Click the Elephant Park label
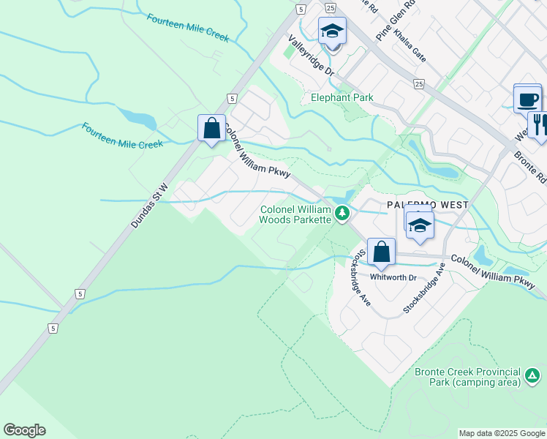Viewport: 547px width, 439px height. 342,97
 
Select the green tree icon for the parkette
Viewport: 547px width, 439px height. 342,214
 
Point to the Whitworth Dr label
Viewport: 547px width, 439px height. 393,277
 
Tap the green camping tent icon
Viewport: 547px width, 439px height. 532,378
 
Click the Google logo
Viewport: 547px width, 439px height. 24,430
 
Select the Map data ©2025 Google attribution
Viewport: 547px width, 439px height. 502,433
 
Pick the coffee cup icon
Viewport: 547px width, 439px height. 527,99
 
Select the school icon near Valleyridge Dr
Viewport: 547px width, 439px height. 332,31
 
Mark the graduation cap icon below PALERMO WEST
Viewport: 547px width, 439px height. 420,225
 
